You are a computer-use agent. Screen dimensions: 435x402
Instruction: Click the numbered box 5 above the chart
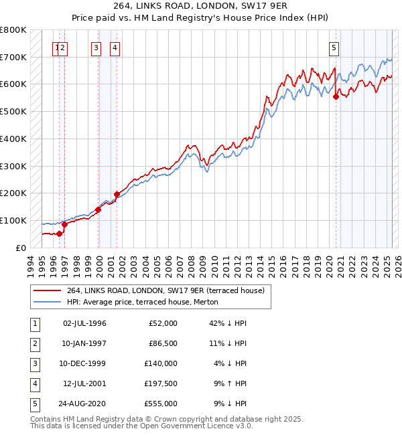(334, 48)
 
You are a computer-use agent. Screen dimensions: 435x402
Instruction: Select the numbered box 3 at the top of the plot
(96, 48)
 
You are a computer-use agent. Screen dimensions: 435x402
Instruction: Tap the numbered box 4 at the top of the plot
(115, 48)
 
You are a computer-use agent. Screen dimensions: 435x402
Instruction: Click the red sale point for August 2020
(336, 96)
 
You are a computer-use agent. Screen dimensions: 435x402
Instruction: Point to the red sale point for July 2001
(117, 194)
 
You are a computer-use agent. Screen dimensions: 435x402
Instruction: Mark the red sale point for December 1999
(98, 209)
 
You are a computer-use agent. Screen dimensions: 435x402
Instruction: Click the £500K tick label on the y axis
(13, 112)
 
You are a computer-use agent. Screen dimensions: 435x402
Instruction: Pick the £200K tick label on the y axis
(13, 193)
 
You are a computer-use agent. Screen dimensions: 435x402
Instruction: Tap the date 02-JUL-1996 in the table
(84, 323)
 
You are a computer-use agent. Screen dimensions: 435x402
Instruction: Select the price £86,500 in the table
(161, 343)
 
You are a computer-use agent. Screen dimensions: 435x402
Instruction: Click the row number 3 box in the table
(34, 363)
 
